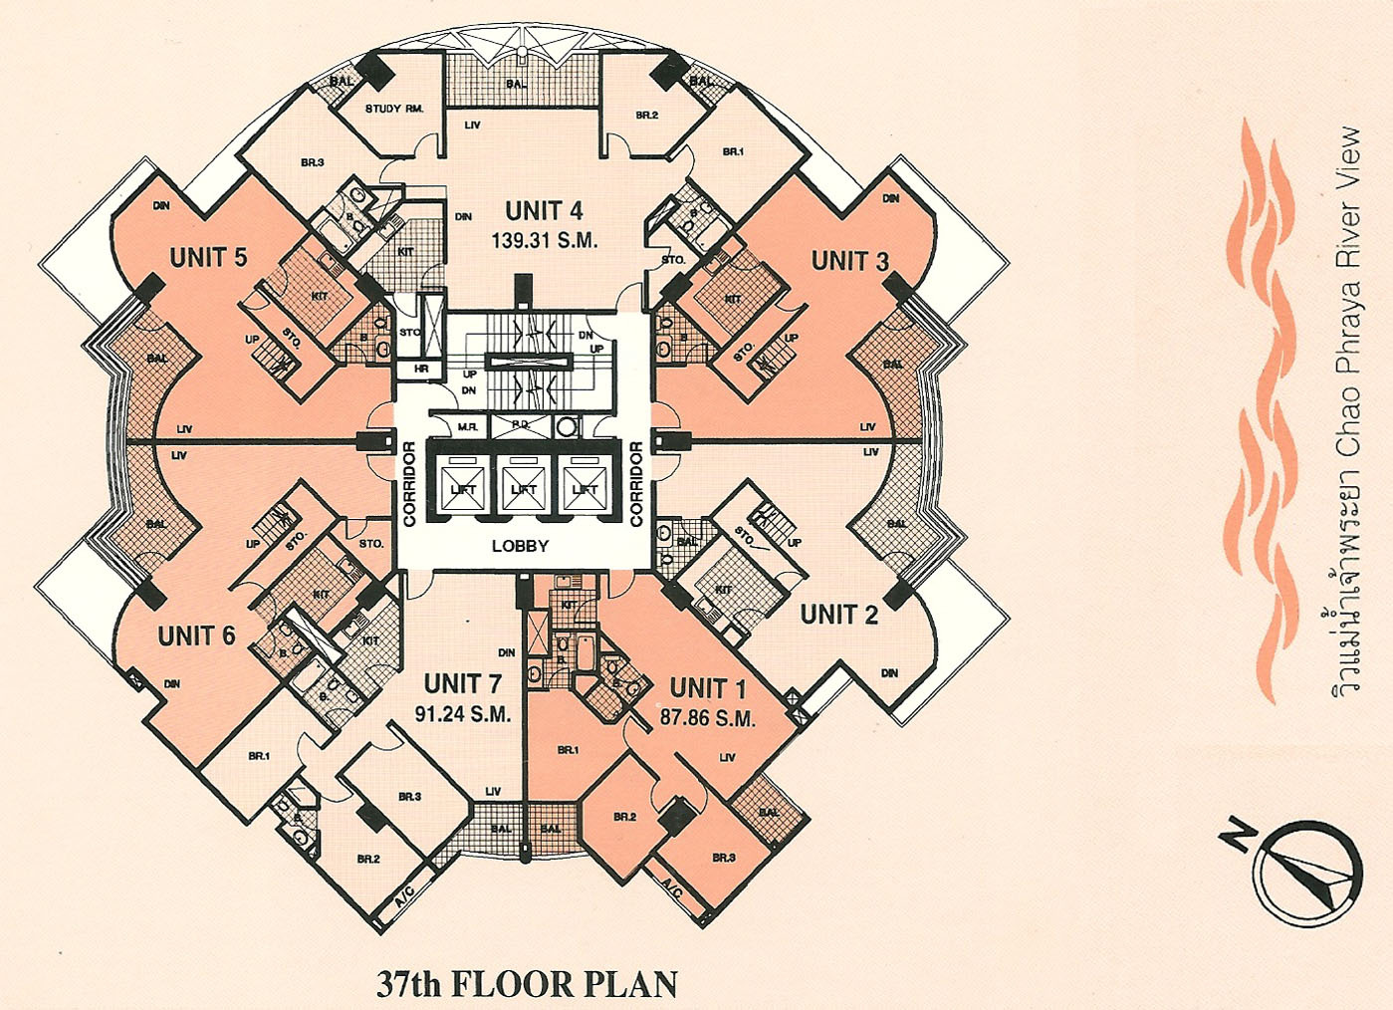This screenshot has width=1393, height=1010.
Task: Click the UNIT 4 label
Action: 544,211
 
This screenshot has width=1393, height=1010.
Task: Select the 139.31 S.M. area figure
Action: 544,240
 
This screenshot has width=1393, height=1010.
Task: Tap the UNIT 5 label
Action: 208,257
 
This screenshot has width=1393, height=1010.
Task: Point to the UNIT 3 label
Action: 849,262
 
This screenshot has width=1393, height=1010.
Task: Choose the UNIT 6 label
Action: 196,634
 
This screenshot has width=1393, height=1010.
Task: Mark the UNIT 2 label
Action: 838,615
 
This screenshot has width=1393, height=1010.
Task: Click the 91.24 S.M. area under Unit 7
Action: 462,714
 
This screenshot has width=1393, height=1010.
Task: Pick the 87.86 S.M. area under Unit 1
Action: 707,717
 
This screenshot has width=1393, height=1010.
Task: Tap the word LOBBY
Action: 520,546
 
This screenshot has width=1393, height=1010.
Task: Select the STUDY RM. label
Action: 394,109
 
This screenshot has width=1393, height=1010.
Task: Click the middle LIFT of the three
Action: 524,489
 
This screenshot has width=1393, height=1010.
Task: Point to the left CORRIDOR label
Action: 409,483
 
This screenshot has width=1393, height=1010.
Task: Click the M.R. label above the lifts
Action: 467,426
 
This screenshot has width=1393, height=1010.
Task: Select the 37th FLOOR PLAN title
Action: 527,984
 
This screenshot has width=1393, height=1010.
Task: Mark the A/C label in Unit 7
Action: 404,897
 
